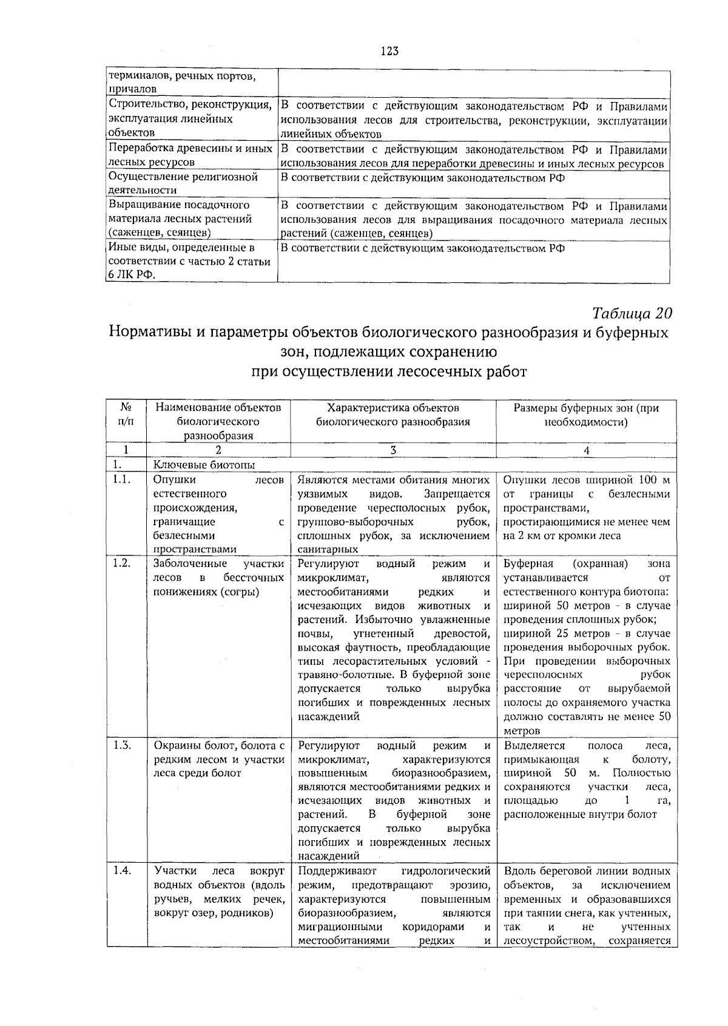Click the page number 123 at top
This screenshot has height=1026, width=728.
point(389,52)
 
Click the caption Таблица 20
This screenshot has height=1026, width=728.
point(632,313)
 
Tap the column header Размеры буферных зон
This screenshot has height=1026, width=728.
point(586,415)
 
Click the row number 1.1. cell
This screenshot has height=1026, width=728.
point(122,480)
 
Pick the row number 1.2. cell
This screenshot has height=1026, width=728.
point(122,563)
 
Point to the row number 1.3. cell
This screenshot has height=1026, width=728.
point(122,746)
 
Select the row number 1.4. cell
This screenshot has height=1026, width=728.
point(122,871)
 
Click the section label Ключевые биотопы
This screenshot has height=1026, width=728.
point(204,465)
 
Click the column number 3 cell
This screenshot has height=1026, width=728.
point(393,450)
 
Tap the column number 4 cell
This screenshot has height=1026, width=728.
point(586,450)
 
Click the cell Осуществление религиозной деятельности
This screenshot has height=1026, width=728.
point(183,183)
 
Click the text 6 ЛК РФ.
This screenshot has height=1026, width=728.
point(131,275)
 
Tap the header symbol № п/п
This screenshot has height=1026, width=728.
point(126,415)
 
